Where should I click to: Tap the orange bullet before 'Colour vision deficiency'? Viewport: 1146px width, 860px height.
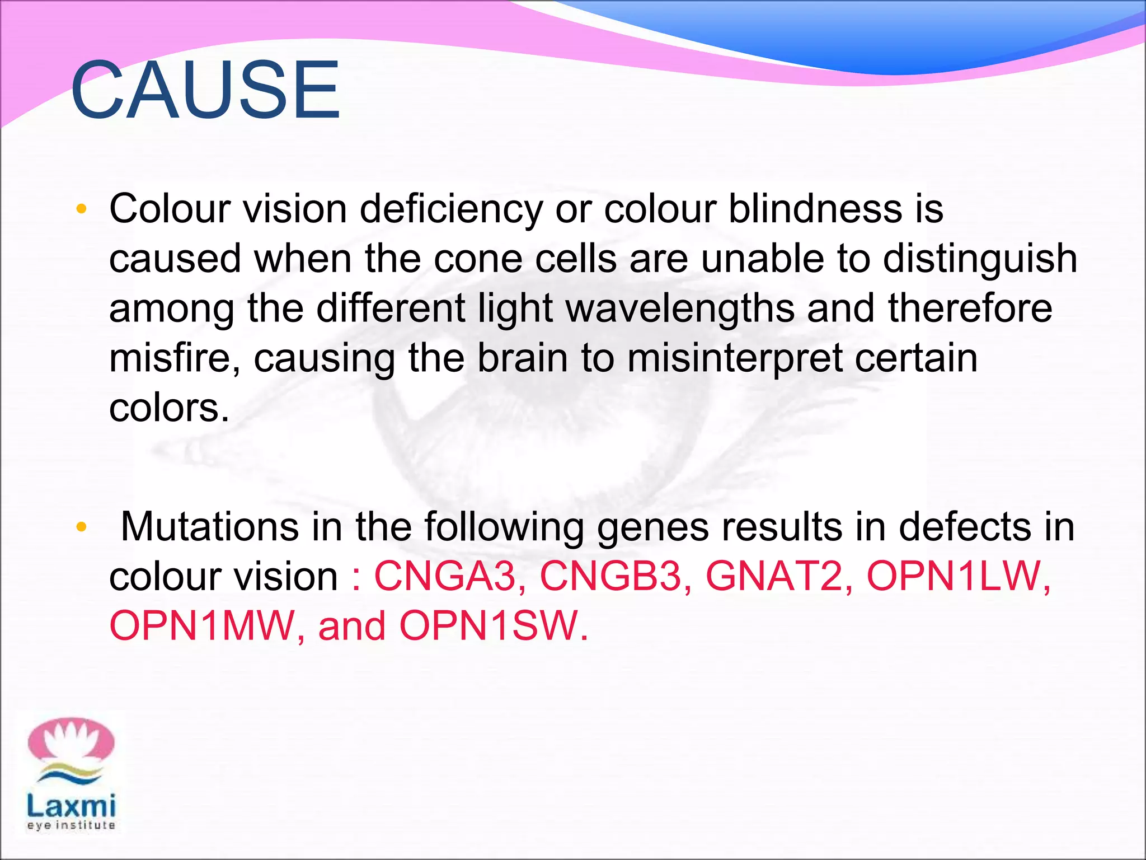(82, 209)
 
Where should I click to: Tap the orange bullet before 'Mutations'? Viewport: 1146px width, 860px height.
(82, 527)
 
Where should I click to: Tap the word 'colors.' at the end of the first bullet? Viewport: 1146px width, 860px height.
(169, 408)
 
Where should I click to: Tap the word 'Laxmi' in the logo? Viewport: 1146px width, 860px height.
(71, 807)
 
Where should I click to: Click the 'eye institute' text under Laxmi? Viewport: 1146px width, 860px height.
(71, 825)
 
